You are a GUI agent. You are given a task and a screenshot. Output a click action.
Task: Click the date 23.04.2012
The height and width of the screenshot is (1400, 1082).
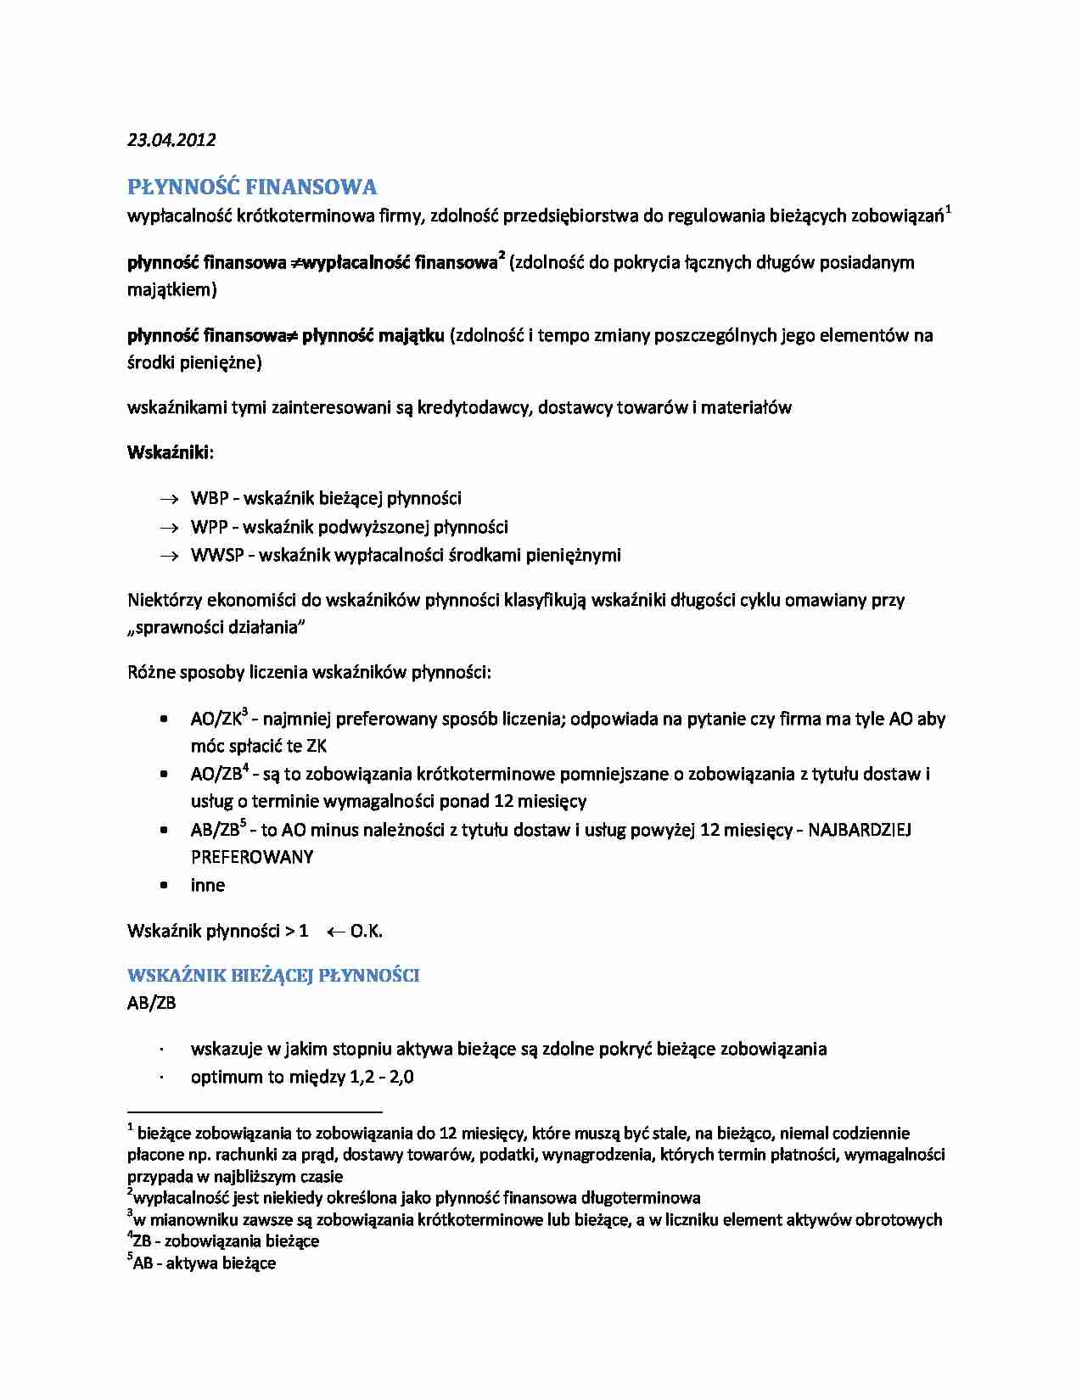tap(171, 140)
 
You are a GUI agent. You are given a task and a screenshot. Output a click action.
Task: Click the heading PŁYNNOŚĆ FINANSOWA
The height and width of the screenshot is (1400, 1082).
tap(252, 187)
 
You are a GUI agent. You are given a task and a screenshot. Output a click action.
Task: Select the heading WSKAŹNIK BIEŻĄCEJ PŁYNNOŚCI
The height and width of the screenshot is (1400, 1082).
tap(273, 976)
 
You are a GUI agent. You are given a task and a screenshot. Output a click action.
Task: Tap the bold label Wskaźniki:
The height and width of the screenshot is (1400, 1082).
tap(170, 452)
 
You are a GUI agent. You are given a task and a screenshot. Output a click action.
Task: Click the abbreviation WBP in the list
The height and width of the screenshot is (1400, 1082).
tap(210, 499)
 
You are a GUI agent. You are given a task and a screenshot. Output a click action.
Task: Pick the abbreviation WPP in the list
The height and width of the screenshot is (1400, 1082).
tap(209, 528)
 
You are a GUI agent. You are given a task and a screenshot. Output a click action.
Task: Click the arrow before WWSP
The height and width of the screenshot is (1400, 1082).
tap(170, 557)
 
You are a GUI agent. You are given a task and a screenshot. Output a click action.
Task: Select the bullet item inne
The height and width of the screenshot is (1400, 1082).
tap(208, 886)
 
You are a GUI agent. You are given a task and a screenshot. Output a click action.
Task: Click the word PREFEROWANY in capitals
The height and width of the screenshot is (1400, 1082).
tap(252, 857)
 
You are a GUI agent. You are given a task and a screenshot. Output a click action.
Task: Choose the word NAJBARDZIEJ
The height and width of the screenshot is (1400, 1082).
tap(860, 830)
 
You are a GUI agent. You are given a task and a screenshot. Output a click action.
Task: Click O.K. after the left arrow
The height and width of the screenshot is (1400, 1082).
tap(366, 932)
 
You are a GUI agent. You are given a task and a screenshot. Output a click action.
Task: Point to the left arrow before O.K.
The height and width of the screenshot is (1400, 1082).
tap(335, 932)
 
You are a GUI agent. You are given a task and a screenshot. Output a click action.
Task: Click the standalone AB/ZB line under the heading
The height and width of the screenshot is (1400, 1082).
tap(152, 1003)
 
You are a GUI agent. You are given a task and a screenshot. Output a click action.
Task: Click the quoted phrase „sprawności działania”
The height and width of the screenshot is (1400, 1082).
tap(216, 628)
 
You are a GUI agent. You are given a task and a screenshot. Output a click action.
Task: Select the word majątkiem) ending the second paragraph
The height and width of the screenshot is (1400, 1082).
tap(172, 290)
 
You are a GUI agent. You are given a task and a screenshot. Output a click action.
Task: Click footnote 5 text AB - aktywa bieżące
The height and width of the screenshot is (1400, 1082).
tap(204, 1263)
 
